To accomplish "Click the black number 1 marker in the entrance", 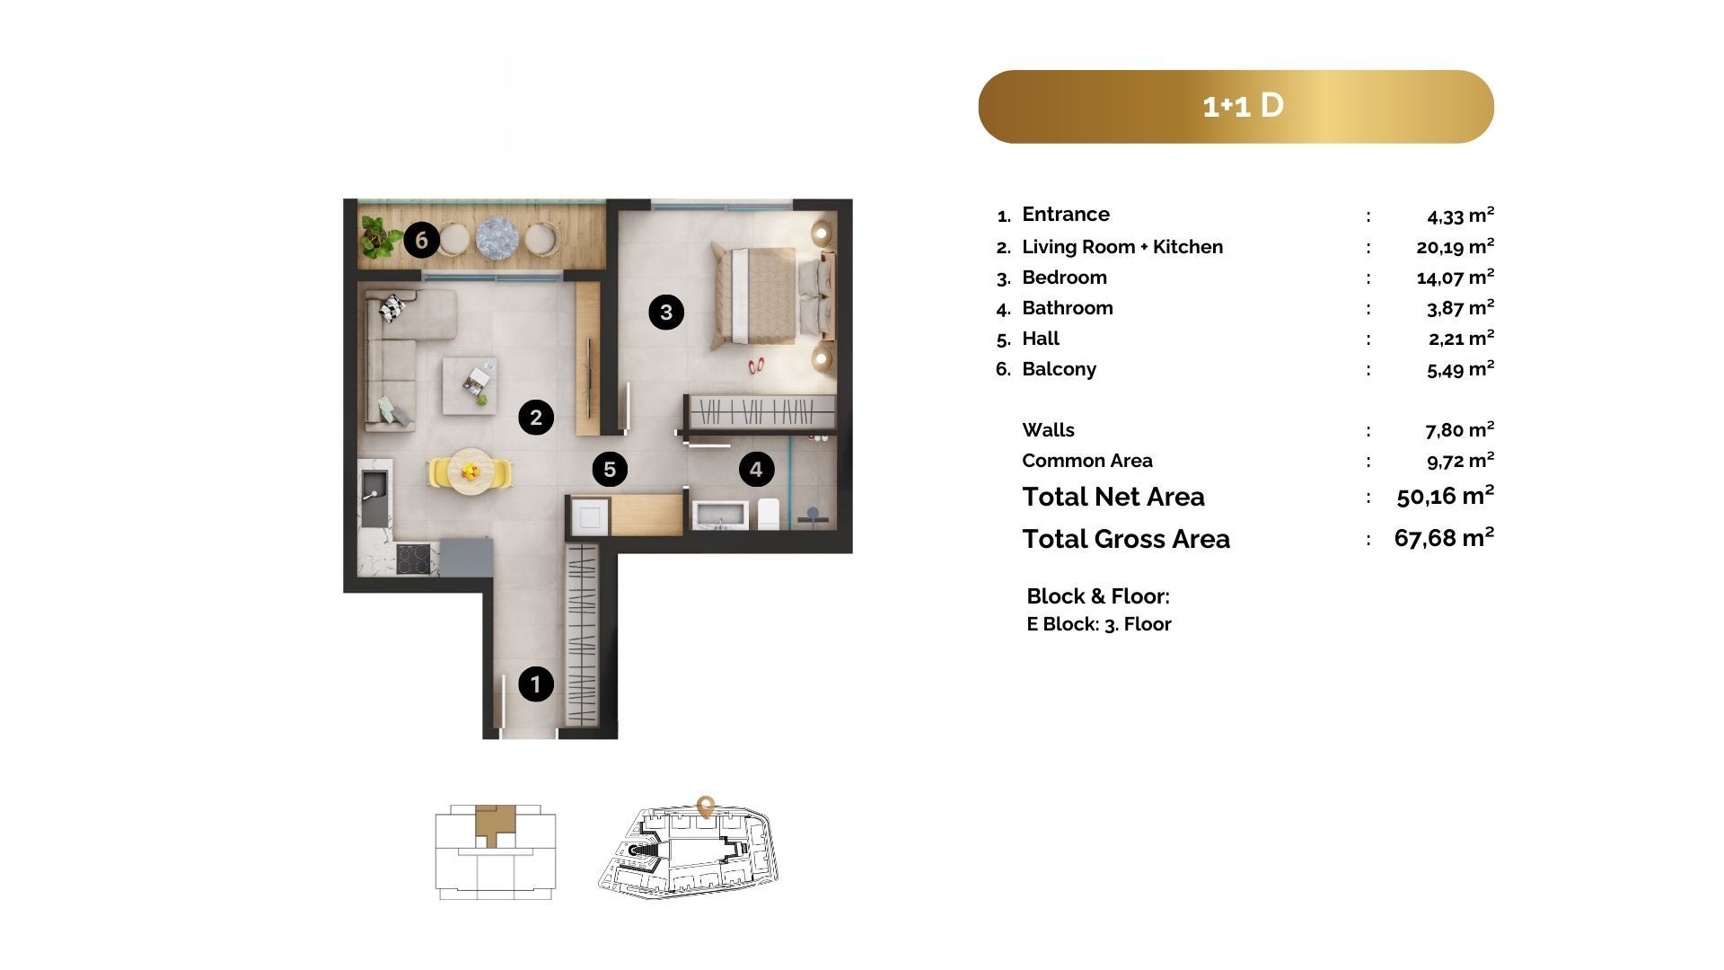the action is pos(536,684).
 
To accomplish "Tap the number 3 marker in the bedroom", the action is pos(666,312).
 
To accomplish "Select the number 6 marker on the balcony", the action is pos(421,240).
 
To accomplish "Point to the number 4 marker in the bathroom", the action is pos(756,469).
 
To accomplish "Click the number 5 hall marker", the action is pos(610,469).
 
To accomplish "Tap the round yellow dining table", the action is pos(471,472).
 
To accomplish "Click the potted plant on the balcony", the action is pos(381,234).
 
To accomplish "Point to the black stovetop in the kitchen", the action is pos(416,559).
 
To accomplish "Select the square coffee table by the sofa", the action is pos(470,385).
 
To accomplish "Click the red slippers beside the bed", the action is pos(756,366).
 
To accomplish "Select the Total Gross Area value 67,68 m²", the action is pos(1444,537).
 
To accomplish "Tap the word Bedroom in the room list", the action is pos(1064,277).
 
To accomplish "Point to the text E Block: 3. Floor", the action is pos(1099,624).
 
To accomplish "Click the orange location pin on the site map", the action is pos(706,806).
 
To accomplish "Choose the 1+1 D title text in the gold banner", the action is pos(1244,106).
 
